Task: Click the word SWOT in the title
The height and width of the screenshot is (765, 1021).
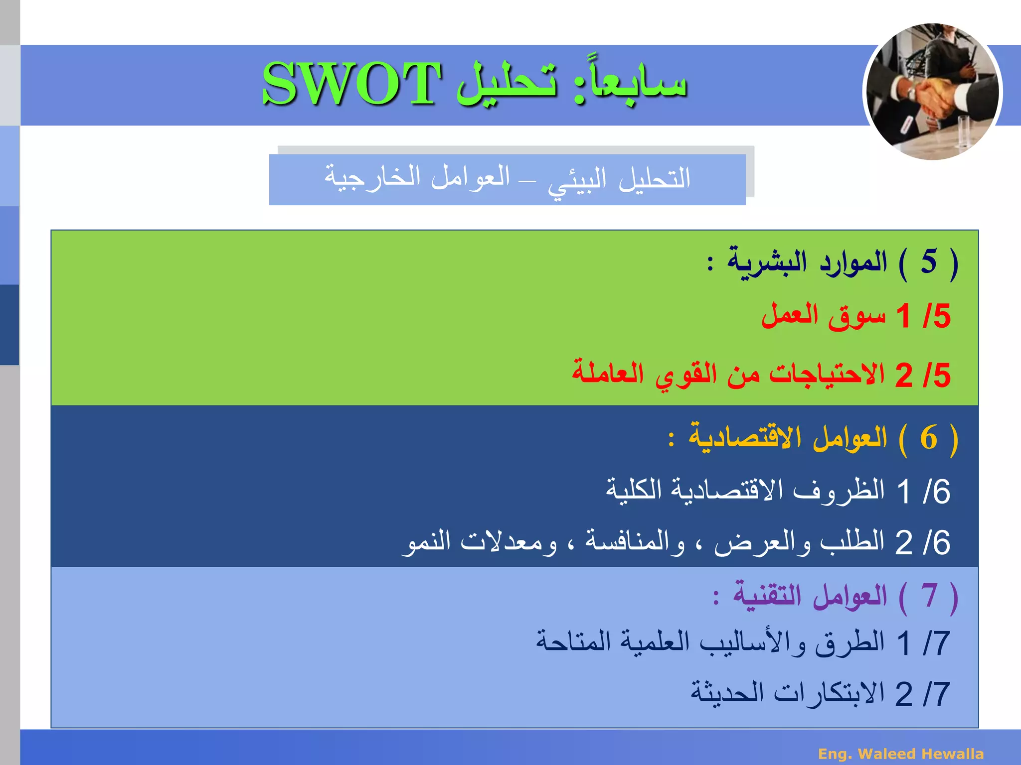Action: coord(351,84)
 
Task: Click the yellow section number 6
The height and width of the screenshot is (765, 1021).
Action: coord(928,438)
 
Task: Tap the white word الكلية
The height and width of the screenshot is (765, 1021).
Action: coord(633,490)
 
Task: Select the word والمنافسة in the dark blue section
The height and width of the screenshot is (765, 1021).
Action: coord(635,542)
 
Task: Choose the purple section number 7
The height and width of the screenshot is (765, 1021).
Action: coord(928,596)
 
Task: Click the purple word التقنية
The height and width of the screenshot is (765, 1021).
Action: coord(767,596)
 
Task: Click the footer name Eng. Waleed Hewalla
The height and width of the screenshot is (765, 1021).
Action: coord(901,754)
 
